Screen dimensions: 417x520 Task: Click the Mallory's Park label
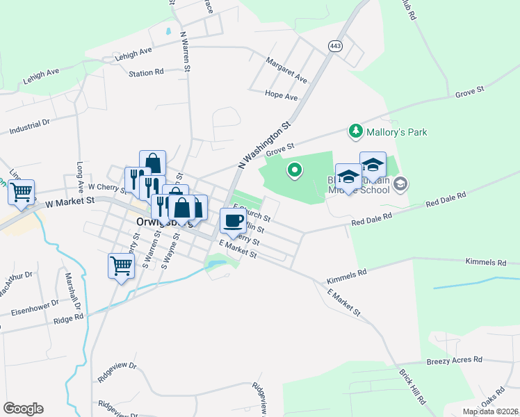tap(397, 132)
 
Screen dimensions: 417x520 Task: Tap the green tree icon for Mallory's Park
tap(355, 131)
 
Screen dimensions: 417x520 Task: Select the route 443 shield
tap(336, 45)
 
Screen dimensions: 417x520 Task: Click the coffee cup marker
tap(233, 222)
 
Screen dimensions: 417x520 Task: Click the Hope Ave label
tap(281, 96)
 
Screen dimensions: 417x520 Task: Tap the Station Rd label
tap(146, 72)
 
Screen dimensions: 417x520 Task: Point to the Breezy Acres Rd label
tap(454, 360)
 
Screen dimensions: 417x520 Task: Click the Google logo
tap(23, 409)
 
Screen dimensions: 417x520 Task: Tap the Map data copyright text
tap(491, 411)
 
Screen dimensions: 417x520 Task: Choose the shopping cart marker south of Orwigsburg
tap(121, 265)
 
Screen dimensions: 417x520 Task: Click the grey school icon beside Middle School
tap(400, 184)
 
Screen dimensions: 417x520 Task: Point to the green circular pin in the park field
tap(295, 169)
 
